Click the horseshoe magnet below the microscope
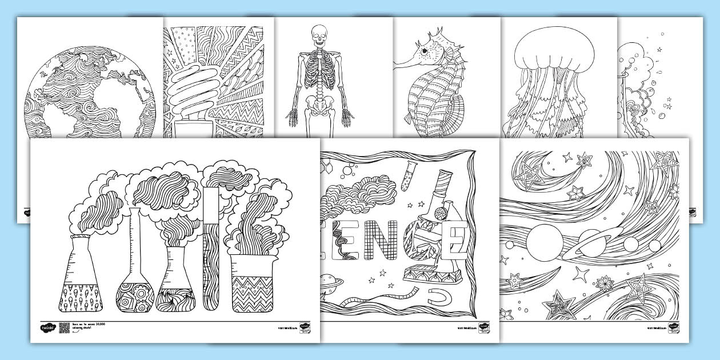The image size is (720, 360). [439, 296]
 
